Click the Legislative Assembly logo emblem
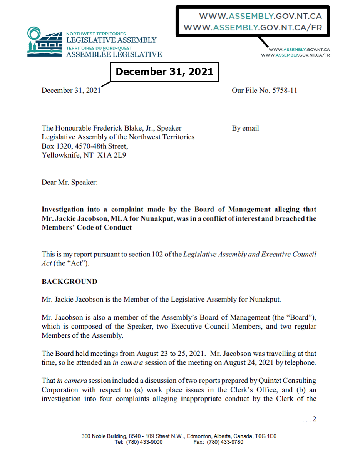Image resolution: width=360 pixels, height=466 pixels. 44,42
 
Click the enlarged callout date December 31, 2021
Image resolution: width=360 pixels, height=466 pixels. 164,72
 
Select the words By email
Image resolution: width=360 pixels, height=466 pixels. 245,128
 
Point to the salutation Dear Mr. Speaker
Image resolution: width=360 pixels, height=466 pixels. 70,182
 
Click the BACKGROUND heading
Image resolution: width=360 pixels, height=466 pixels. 69,282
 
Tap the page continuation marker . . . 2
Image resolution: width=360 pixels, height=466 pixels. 309,419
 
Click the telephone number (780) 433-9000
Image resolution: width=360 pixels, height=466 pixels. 144,442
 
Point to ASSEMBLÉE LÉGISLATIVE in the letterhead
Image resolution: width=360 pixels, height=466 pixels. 114,54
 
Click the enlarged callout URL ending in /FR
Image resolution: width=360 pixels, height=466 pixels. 253,28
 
